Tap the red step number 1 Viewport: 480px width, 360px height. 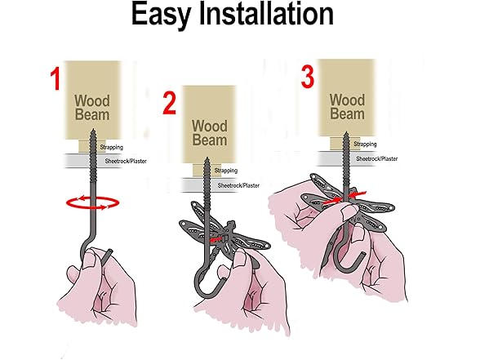[x=56, y=79]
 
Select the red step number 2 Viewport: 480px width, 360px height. [x=169, y=104]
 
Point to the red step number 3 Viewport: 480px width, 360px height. [x=308, y=77]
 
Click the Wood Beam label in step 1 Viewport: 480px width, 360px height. [x=91, y=108]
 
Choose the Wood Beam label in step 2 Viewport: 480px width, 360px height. [x=210, y=133]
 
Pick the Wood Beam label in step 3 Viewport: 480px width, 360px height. [x=347, y=107]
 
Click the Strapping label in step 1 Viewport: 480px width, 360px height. [x=111, y=147]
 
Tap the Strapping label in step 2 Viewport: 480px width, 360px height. [x=226, y=171]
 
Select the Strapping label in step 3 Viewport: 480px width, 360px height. [x=365, y=144]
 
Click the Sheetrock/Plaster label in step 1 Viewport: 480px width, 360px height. [x=126, y=161]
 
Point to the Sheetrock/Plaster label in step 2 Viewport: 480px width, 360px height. [x=238, y=185]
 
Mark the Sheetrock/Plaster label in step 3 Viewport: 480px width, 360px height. [x=377, y=159]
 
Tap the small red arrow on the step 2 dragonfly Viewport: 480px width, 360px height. [x=216, y=239]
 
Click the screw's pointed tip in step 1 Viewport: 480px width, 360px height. [x=93, y=130]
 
